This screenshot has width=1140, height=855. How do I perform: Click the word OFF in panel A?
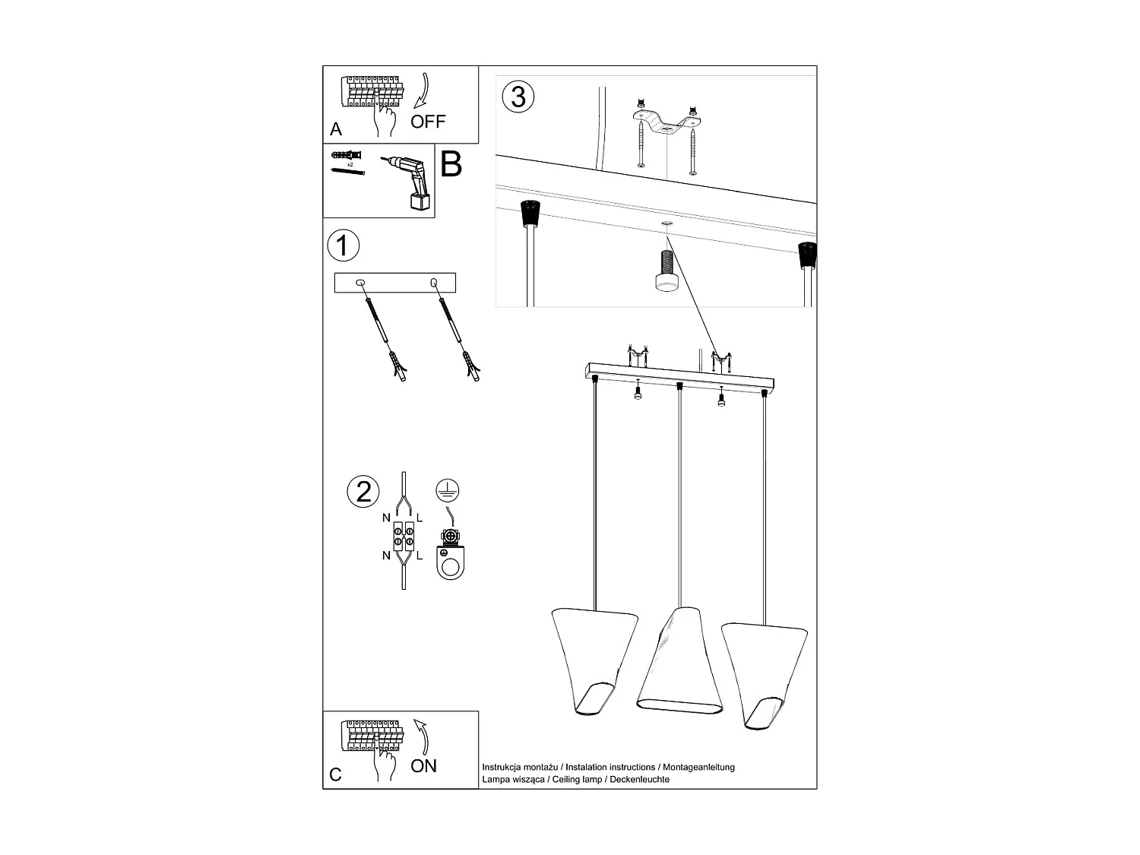[x=428, y=122]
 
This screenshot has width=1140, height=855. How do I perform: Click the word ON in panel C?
[x=423, y=765]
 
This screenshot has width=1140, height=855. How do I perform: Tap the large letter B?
[x=451, y=164]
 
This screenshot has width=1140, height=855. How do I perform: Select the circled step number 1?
[x=343, y=245]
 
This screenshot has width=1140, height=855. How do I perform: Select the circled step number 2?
[x=363, y=491]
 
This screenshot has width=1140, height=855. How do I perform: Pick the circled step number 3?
[x=518, y=97]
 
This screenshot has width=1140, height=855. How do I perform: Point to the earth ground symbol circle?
[x=448, y=491]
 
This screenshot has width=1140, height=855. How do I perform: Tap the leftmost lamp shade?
[x=584, y=660]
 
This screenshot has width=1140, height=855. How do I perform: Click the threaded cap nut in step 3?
[x=667, y=272]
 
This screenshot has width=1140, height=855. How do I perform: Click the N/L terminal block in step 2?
[x=403, y=537]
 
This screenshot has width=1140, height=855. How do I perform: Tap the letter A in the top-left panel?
[x=336, y=130]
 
